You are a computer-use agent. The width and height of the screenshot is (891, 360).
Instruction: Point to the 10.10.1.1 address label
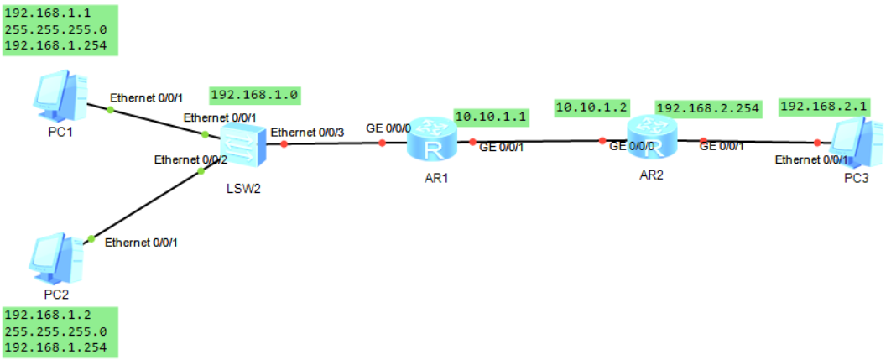coord(490,117)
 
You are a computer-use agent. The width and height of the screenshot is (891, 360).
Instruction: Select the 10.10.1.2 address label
coord(591,107)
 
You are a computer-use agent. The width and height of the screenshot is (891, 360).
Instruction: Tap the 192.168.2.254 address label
coord(708,107)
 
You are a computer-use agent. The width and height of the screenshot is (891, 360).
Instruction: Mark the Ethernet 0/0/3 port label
coord(305,132)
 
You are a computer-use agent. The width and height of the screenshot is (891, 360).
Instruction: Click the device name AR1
coord(430,179)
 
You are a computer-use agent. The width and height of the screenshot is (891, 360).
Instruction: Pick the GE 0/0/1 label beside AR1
coord(501,148)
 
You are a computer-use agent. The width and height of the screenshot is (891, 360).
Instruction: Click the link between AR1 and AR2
coord(537,142)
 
